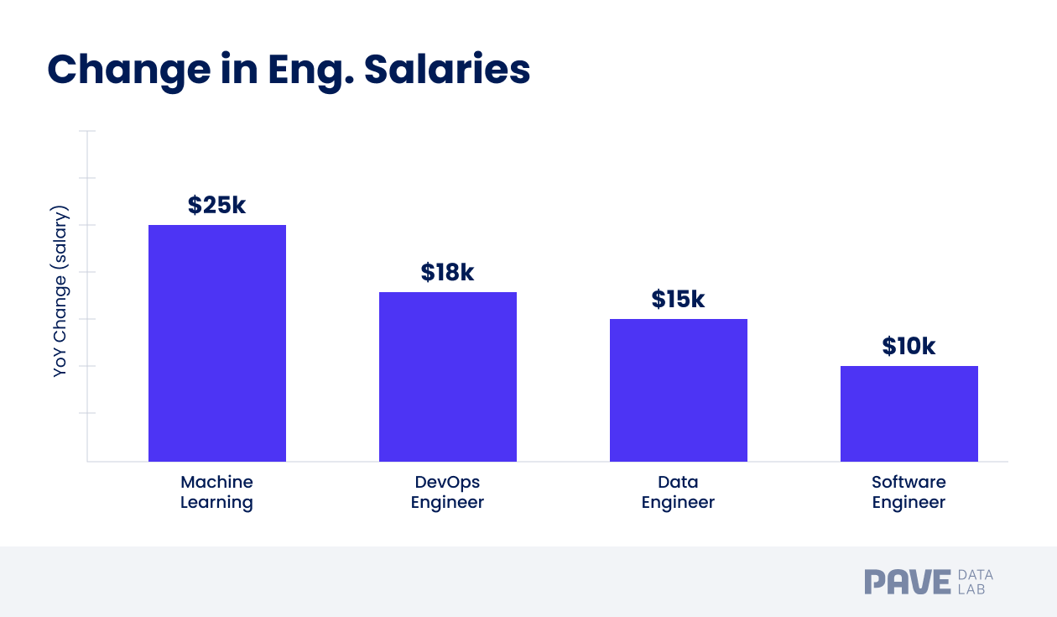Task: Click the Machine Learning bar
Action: point(217,342)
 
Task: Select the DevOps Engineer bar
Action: point(448,376)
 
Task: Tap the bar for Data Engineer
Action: point(678,390)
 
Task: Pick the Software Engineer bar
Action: point(909,413)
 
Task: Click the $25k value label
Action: point(217,206)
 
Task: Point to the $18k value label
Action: point(448,273)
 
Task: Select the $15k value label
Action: point(678,300)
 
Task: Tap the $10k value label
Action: point(909,347)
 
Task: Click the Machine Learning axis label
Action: point(216,492)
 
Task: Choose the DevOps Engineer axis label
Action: point(447,492)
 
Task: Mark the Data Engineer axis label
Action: point(678,492)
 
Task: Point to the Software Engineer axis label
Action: point(909,492)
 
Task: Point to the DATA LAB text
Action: point(975,582)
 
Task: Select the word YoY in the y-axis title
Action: point(60,363)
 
